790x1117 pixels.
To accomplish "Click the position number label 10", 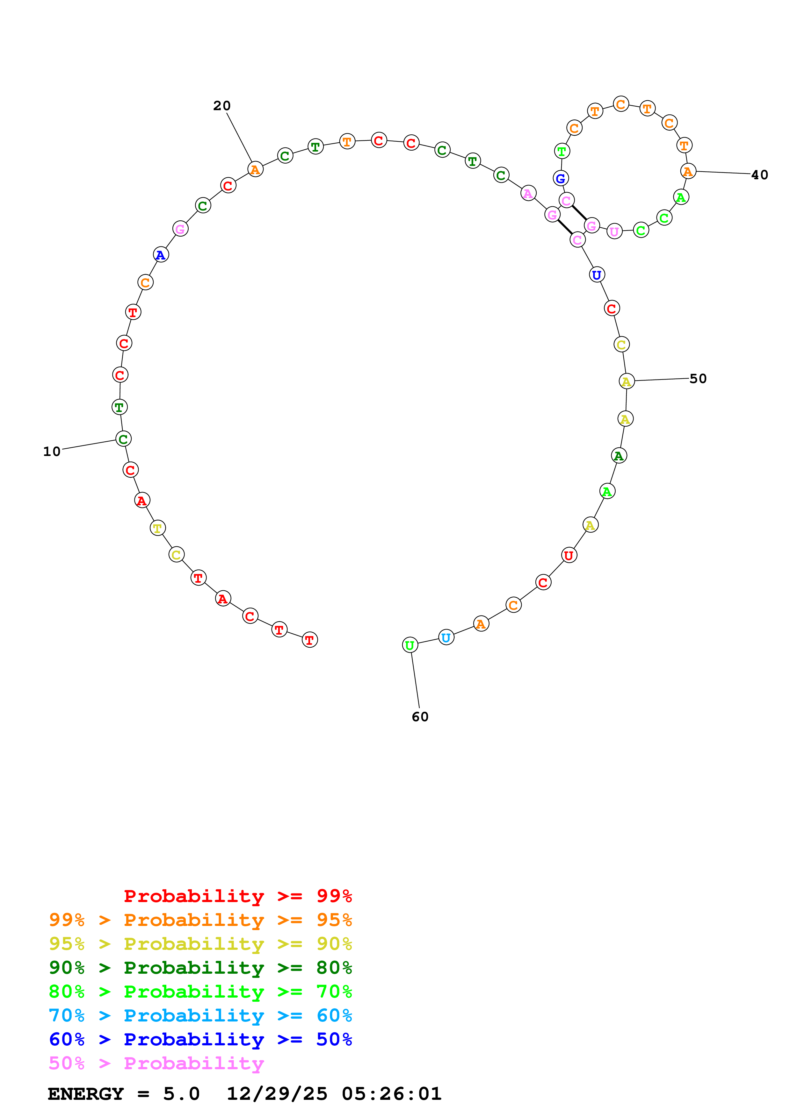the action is (x=52, y=452).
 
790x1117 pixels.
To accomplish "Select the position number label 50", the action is (x=698, y=379).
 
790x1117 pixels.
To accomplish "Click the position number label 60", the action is (x=420, y=717).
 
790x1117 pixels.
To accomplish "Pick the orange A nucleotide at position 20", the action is (x=255, y=169).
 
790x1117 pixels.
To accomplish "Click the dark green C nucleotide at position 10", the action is (x=124, y=439).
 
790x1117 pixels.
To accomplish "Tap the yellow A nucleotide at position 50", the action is (x=627, y=381).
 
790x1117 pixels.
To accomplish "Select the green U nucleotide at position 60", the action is (x=410, y=645).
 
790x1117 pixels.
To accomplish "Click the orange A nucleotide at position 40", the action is (x=688, y=171).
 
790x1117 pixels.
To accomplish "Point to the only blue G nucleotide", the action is (x=561, y=179).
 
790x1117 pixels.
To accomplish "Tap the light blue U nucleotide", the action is (x=446, y=637).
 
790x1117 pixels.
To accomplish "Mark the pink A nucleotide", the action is (x=528, y=193).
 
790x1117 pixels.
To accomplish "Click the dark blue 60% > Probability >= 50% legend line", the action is (x=200, y=1040).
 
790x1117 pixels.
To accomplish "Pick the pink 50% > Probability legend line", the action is (x=156, y=1064).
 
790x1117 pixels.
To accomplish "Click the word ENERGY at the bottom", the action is (x=86, y=1094).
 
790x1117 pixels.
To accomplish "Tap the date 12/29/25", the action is (x=277, y=1094).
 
